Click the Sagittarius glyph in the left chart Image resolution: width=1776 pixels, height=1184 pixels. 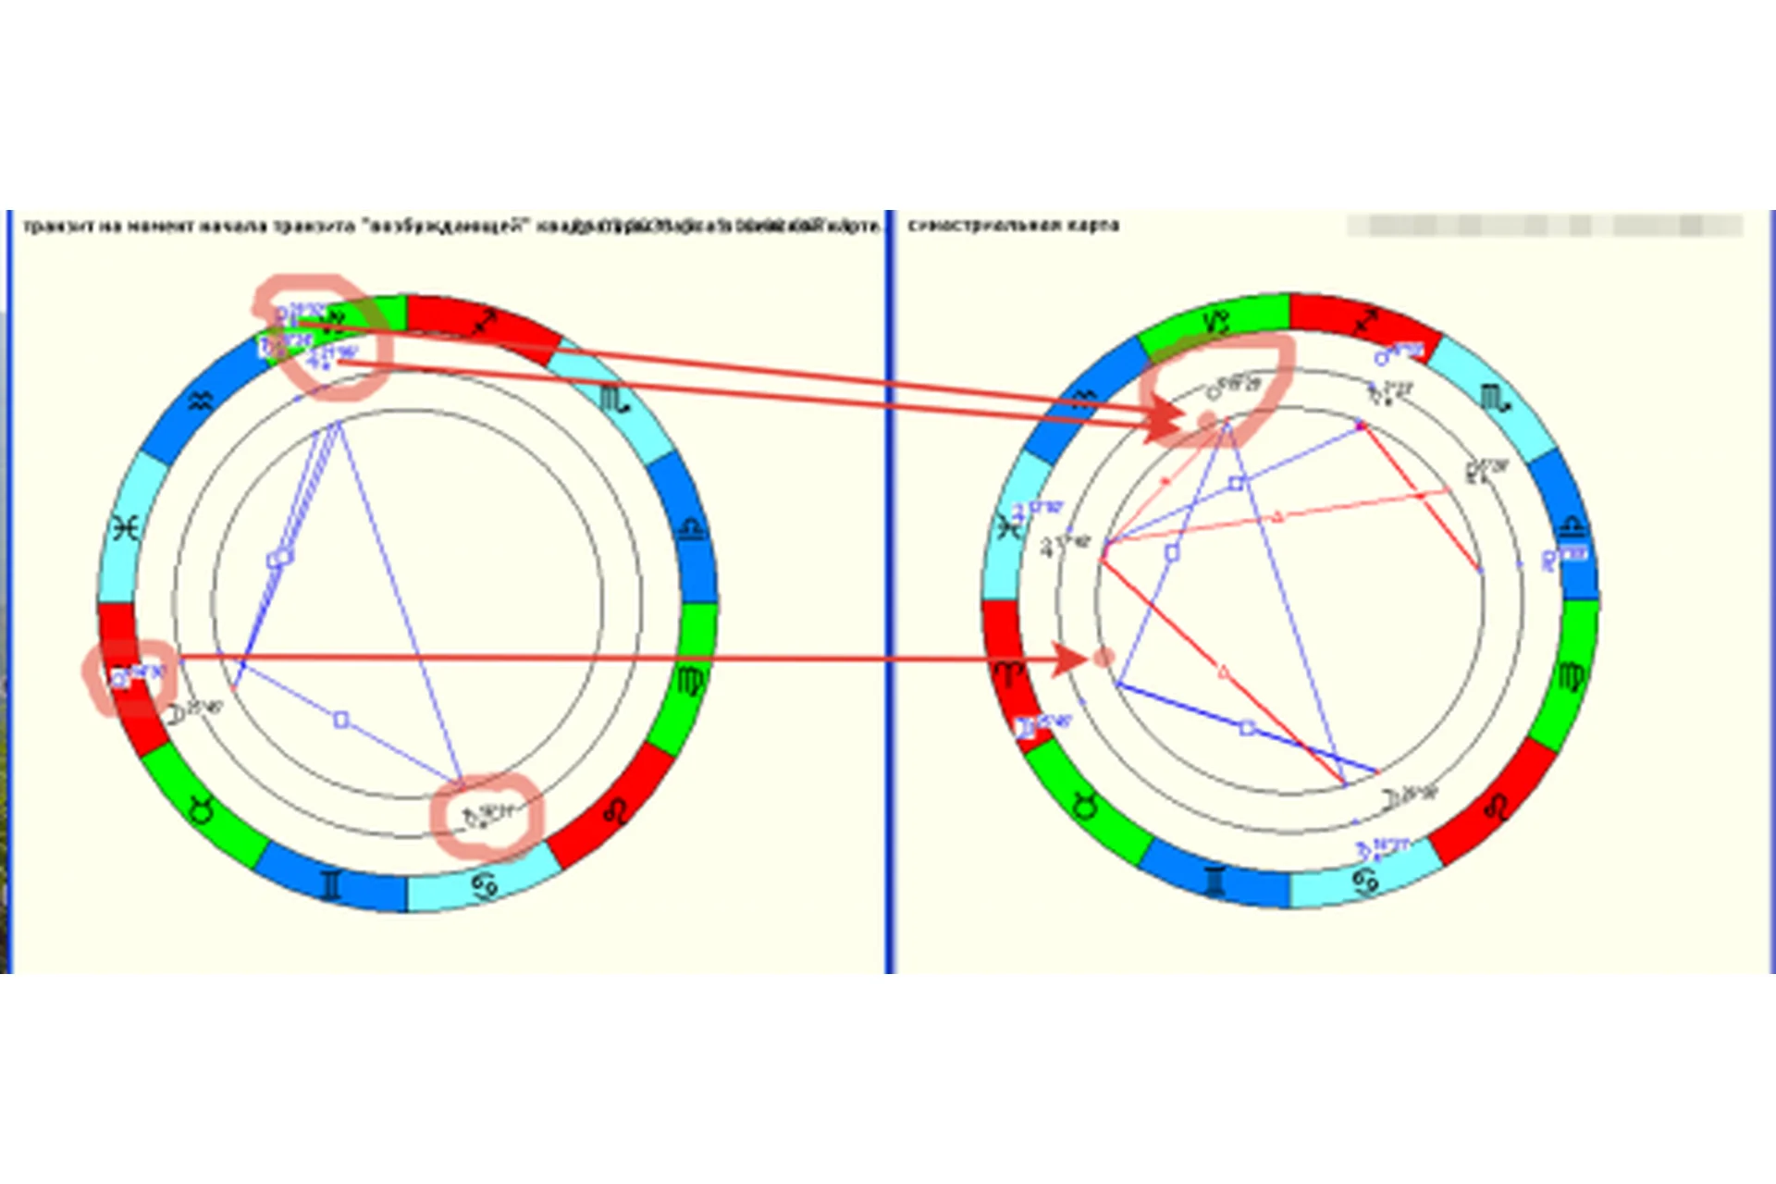pos(484,323)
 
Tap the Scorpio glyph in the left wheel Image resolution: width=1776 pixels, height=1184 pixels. pos(613,400)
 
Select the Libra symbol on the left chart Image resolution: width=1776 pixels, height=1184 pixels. pos(692,528)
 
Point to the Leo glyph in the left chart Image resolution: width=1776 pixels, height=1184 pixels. pos(614,812)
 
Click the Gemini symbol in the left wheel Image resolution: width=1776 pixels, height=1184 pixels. pos(330,884)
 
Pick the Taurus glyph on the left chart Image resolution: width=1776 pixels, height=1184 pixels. pos(202,810)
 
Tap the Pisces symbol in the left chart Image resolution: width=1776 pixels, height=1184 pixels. pos(125,528)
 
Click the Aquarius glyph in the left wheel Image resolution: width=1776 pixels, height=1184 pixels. pos(201,401)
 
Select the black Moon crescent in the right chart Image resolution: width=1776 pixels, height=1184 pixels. pos(1390,798)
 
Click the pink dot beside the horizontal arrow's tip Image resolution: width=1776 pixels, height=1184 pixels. pos(1103,658)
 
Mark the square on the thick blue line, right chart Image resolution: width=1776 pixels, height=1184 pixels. pos(1247,728)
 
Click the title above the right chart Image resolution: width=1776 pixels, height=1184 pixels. pos(1013,225)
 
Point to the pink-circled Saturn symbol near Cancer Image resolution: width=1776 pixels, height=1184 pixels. pos(475,818)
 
